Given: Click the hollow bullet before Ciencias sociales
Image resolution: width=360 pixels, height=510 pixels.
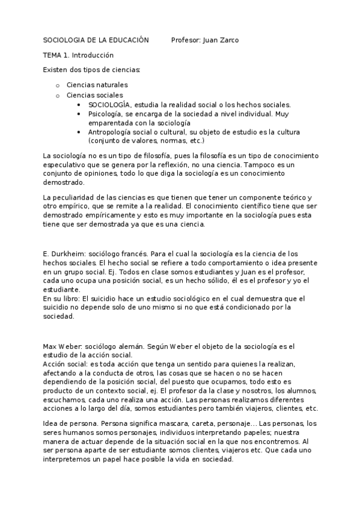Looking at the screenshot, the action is (x=57, y=95).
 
